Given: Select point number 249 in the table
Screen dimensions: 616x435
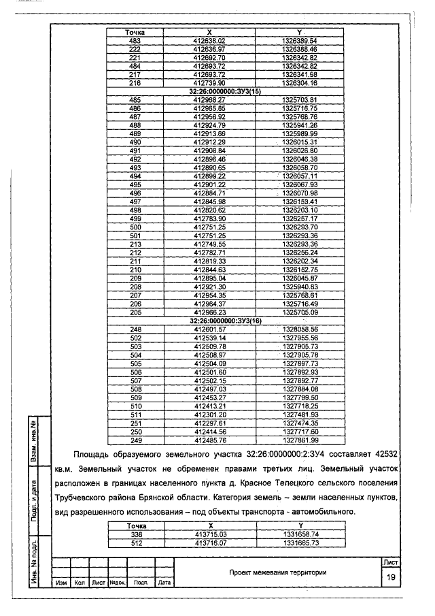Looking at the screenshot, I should [x=134, y=440].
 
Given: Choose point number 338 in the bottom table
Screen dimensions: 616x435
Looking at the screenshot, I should [x=134, y=534].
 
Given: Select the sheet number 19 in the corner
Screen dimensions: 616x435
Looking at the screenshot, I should [x=391, y=577].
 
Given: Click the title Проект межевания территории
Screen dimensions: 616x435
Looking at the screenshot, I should [x=277, y=572].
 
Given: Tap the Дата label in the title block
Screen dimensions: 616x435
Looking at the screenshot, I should [x=164, y=583].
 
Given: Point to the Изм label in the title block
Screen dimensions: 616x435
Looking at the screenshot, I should [x=60, y=583].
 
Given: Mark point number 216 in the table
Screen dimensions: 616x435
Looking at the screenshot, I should [x=134, y=83].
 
